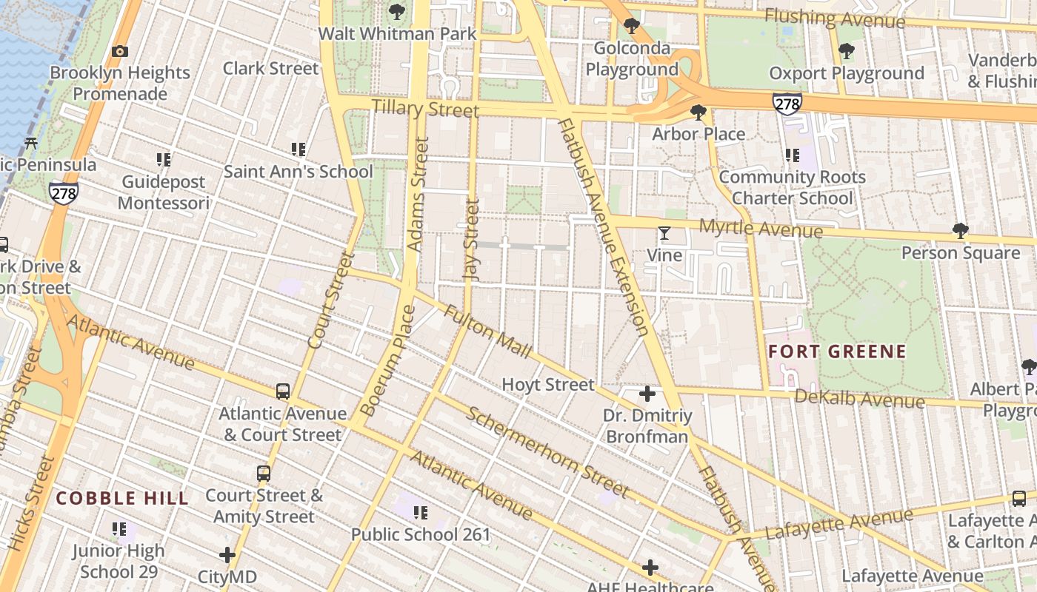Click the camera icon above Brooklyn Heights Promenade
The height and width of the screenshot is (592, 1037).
119,51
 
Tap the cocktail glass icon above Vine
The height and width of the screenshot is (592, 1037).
664,234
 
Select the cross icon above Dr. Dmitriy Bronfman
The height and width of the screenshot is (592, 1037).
647,394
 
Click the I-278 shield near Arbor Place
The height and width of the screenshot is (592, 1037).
787,104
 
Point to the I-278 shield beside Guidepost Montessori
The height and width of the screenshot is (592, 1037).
64,194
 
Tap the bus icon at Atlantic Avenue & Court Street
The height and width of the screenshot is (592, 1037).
282,391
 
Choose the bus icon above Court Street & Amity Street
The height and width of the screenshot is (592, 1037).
264,473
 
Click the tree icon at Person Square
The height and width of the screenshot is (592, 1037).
960,231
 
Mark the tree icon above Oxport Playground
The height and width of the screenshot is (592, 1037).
846,51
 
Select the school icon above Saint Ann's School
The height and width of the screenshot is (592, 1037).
299,149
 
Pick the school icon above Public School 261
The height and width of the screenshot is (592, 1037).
421,512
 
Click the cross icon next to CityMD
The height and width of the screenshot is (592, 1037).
227,554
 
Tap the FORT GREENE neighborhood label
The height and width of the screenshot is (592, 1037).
837,351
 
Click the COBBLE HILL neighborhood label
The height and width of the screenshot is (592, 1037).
122,498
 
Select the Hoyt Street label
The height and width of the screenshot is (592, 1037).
548,385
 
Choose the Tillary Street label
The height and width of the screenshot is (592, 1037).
424,109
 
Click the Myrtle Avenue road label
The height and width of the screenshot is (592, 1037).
761,229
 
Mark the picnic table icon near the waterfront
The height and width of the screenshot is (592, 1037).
31,143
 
